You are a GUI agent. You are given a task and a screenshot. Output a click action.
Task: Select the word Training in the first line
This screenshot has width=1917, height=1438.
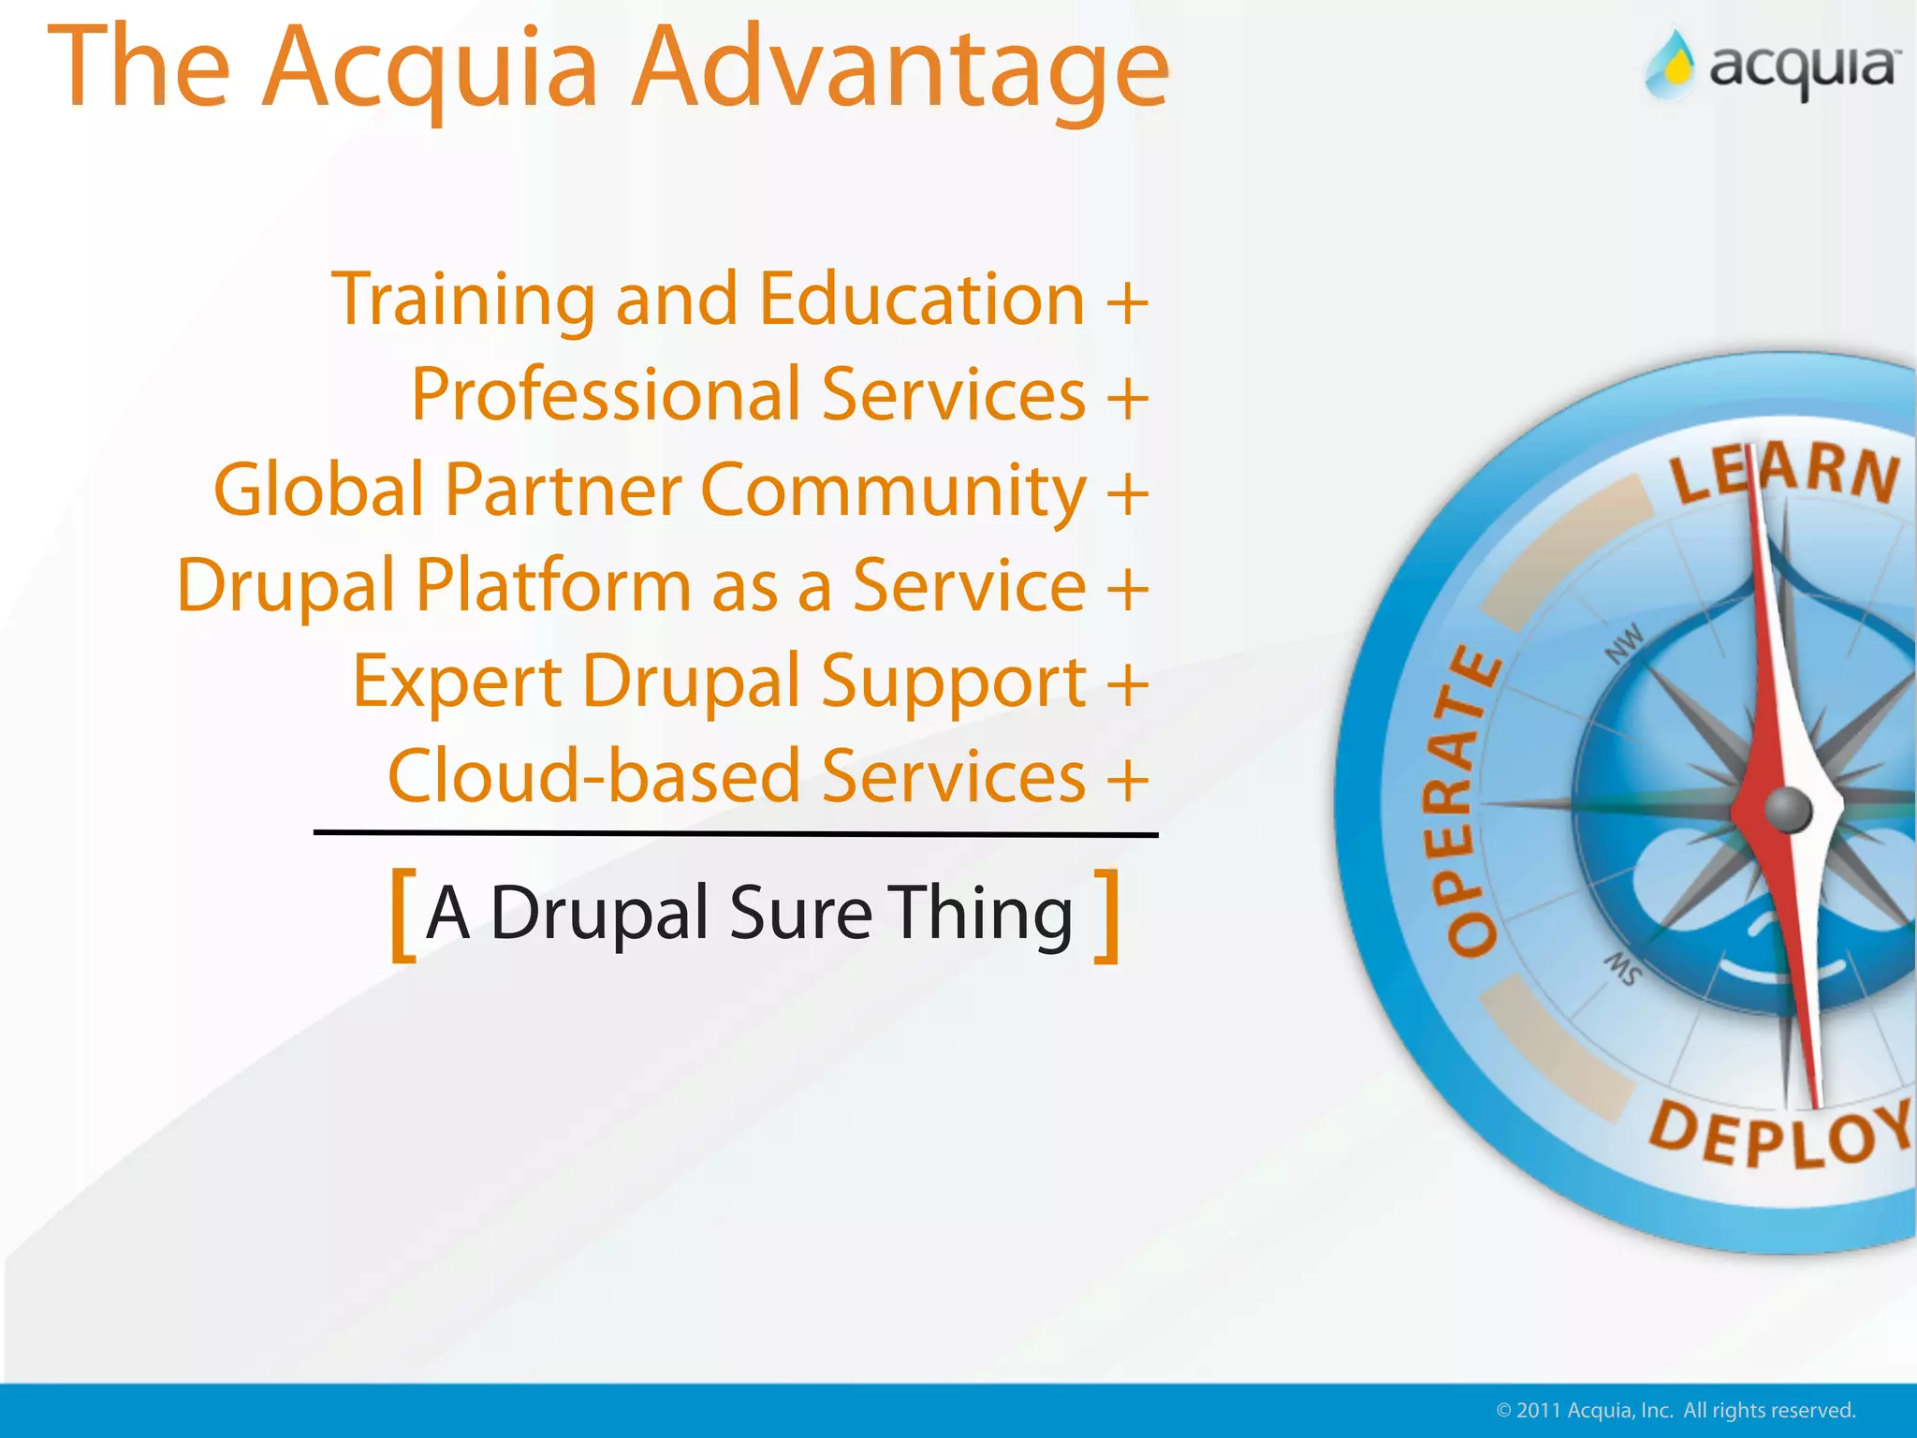coord(462,300)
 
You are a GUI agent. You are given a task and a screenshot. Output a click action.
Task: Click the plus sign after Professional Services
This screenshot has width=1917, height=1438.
coord(1127,397)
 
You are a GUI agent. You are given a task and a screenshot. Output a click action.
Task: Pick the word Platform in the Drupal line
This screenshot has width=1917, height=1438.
coord(553,586)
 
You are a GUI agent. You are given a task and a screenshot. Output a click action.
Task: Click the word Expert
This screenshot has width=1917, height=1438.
coord(457,682)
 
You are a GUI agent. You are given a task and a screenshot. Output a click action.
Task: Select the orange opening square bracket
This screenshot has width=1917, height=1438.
coord(402,915)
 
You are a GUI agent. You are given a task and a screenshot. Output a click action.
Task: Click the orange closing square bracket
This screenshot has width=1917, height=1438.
coord(1107,915)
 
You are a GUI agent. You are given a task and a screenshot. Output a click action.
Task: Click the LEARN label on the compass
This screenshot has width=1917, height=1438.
coord(1784,473)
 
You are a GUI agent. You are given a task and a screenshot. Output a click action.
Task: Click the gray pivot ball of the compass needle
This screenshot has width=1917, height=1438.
coord(1788,810)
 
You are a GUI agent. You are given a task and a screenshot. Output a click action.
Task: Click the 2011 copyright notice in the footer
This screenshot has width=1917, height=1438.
coord(1676,1411)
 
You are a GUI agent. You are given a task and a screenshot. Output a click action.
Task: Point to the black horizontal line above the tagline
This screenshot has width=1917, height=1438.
coord(736,833)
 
